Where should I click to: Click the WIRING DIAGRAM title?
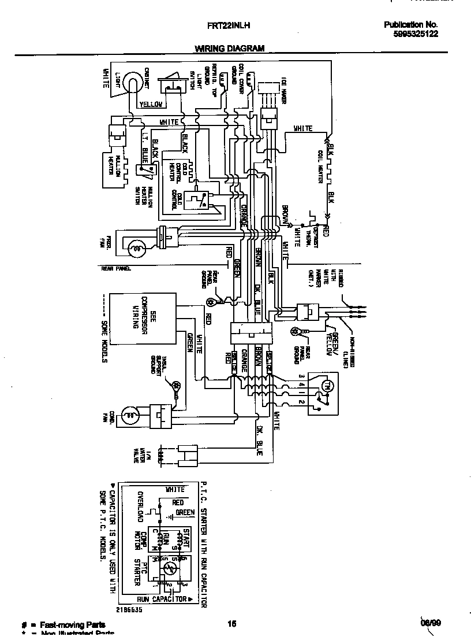(x=229, y=49)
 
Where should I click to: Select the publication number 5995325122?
(x=415, y=34)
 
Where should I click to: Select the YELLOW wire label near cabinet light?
(x=152, y=105)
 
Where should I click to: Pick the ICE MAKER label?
(x=283, y=90)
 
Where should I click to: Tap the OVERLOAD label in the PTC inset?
(x=140, y=505)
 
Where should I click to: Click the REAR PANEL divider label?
(x=117, y=269)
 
